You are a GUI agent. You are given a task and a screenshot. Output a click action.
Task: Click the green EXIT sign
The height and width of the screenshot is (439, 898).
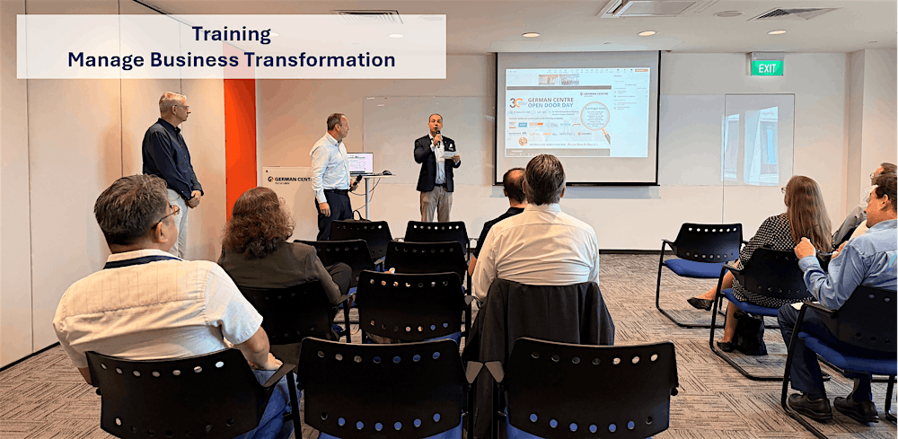tap(767, 66)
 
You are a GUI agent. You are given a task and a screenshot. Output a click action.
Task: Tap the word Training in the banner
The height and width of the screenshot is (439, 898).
tap(231, 34)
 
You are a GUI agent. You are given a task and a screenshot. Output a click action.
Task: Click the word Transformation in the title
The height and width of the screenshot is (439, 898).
tap(322, 60)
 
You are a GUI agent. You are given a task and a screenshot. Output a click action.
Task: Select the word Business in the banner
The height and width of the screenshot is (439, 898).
tap(192, 60)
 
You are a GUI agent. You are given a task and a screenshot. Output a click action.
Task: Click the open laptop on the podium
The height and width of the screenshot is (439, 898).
tap(360, 163)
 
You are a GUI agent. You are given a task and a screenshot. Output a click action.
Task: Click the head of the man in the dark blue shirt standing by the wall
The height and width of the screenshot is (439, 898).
tap(174, 106)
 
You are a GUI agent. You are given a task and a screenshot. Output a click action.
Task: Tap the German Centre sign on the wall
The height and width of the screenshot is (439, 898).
tap(286, 178)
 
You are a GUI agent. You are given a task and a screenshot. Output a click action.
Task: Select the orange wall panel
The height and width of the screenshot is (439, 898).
tap(240, 135)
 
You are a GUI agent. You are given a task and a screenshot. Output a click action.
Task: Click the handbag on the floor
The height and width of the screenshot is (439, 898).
tap(750, 334)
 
